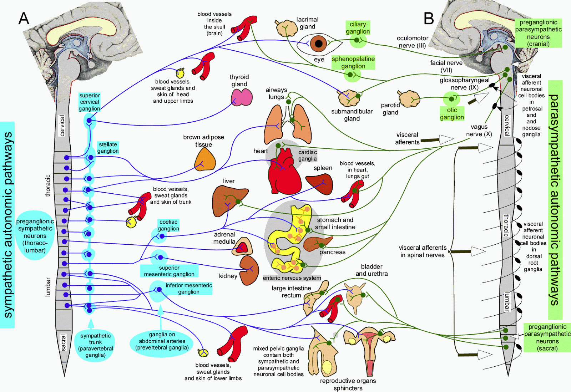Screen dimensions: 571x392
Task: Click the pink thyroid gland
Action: coord(241,97)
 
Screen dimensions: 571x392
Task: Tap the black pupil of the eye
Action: coord(318,44)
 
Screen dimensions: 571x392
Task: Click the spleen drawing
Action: coord(320,184)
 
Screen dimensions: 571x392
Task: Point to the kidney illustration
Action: coord(249,270)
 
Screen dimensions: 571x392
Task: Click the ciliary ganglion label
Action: coord(358,28)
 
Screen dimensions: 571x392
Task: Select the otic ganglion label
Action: coord(452,113)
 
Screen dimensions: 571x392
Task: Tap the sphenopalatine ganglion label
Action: coord(353,62)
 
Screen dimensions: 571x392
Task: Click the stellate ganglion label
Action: coord(108,147)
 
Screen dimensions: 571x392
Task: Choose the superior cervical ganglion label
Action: coord(89,102)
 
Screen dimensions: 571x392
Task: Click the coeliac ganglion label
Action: coord(168,225)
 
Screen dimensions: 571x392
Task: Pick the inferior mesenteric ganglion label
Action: coord(188,288)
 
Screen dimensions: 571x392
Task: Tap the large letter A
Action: coord(24,18)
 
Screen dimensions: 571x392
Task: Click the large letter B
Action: coord(429,18)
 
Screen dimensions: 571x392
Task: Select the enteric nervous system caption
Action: coord(292,278)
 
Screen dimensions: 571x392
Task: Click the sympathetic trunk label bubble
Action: coord(95,345)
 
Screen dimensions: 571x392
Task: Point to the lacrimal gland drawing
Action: coord(286,28)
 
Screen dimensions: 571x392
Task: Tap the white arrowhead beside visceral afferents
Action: coord(446,139)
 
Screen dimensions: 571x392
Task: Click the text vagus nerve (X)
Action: coord(479,131)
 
